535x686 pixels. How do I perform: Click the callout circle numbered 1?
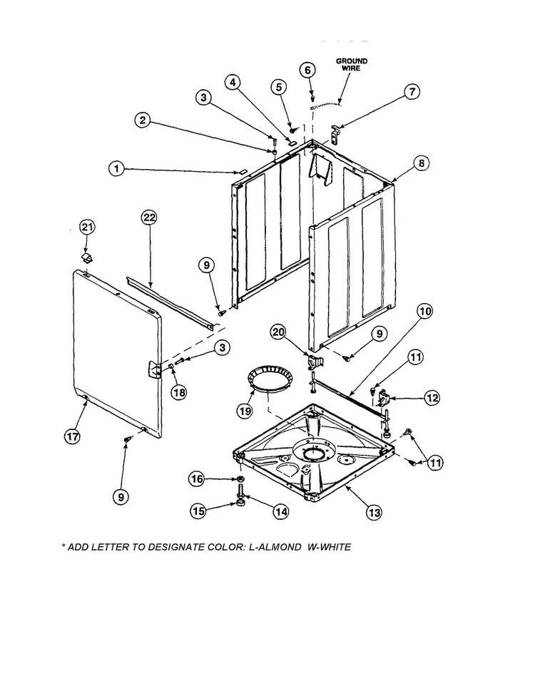point(117,169)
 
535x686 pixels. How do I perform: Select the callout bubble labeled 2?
point(144,121)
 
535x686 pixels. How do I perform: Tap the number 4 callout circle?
point(233,82)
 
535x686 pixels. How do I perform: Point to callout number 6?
point(307,70)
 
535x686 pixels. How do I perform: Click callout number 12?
point(432,398)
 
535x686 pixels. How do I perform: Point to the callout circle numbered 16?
point(198,479)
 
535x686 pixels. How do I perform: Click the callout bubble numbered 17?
point(72,437)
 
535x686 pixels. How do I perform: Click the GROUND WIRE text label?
point(352,64)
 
